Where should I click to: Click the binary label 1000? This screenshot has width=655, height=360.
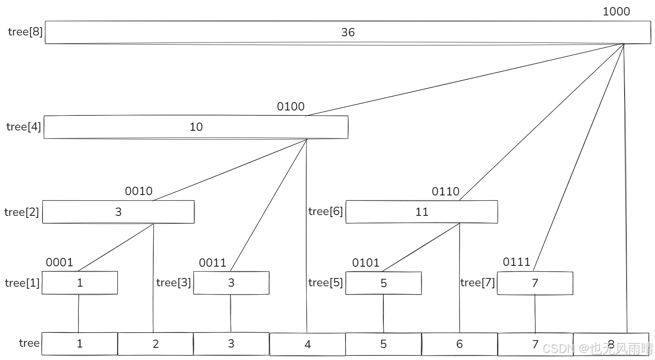click(616, 12)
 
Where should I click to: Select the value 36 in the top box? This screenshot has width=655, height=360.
click(348, 32)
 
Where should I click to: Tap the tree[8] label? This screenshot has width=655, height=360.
click(25, 32)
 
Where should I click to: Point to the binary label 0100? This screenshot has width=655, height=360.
click(291, 107)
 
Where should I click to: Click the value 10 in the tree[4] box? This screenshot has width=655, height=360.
click(196, 127)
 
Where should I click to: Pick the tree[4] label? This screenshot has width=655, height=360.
click(24, 127)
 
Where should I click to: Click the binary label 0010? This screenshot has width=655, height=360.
click(139, 191)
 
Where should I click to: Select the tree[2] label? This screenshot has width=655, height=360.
click(22, 212)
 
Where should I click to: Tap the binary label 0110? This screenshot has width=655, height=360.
click(445, 192)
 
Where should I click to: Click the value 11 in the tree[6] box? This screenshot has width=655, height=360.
click(422, 212)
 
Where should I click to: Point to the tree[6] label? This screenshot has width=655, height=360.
click(325, 212)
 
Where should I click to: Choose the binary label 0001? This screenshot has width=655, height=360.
click(60, 262)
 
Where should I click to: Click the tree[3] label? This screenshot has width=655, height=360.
click(173, 283)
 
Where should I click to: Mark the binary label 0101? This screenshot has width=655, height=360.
click(366, 263)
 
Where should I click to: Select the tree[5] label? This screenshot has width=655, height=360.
click(325, 283)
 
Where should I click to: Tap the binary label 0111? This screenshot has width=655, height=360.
click(517, 262)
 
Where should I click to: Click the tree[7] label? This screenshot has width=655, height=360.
click(477, 283)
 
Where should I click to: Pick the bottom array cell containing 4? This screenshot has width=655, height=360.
click(307, 344)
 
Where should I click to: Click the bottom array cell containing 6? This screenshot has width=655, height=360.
click(459, 344)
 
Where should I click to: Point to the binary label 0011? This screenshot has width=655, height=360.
click(212, 263)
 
